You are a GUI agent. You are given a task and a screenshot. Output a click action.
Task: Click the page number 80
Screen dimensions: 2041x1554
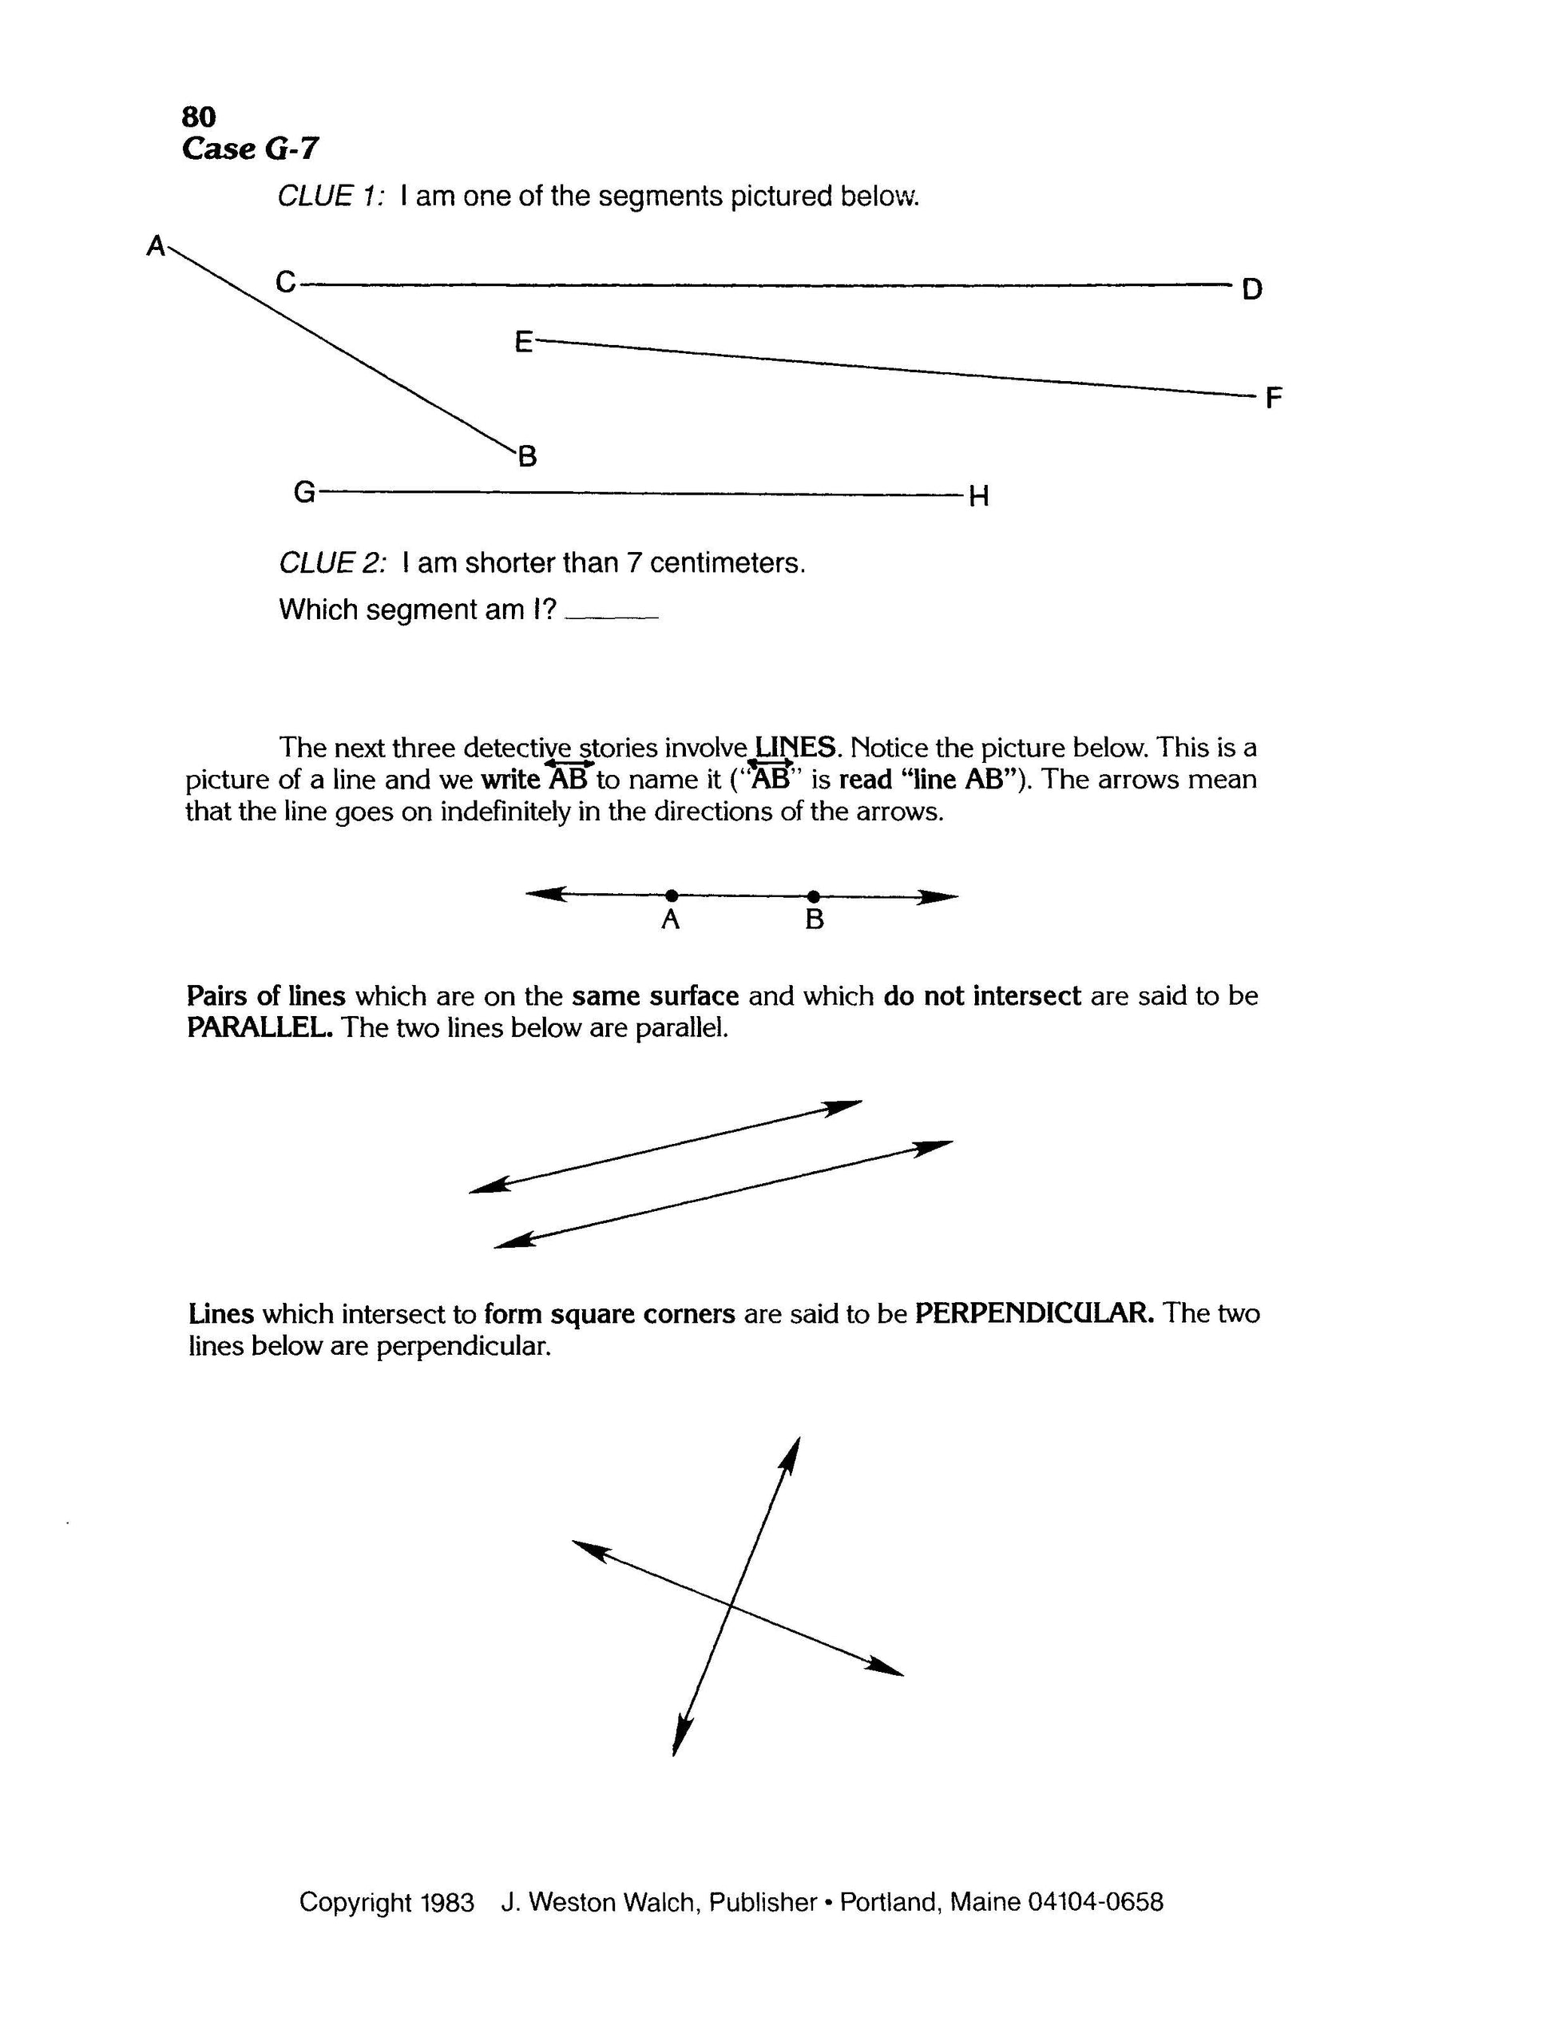click(x=199, y=117)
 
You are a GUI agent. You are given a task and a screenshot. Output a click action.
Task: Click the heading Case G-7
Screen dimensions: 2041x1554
click(x=251, y=148)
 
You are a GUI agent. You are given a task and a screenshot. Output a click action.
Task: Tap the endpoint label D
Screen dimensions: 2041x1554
click(x=1251, y=290)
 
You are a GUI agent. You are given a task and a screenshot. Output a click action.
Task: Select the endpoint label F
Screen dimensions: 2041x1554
click(x=1274, y=399)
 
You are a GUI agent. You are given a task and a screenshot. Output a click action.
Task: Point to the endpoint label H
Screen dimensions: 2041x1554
click(x=979, y=497)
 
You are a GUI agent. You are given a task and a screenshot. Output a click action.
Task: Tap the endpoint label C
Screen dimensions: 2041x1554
click(x=286, y=281)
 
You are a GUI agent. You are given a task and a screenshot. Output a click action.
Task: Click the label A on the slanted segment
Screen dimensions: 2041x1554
click(x=157, y=246)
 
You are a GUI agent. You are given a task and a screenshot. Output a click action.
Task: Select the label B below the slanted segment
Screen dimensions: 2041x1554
click(x=527, y=456)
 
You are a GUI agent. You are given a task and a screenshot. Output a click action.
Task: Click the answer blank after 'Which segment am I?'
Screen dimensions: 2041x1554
click(x=610, y=613)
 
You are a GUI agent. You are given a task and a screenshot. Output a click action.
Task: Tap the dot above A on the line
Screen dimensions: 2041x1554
click(x=672, y=895)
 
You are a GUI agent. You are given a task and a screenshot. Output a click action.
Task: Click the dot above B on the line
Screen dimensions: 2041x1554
click(x=813, y=895)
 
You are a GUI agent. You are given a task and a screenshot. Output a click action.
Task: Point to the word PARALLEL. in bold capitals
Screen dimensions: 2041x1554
click(x=259, y=1028)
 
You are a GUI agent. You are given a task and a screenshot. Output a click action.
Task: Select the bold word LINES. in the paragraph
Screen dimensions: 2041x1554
click(x=796, y=747)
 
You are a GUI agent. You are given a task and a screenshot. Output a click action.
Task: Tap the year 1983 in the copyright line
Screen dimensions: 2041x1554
click(x=446, y=1902)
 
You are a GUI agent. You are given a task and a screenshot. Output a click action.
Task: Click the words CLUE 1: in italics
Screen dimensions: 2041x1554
click(x=329, y=197)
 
